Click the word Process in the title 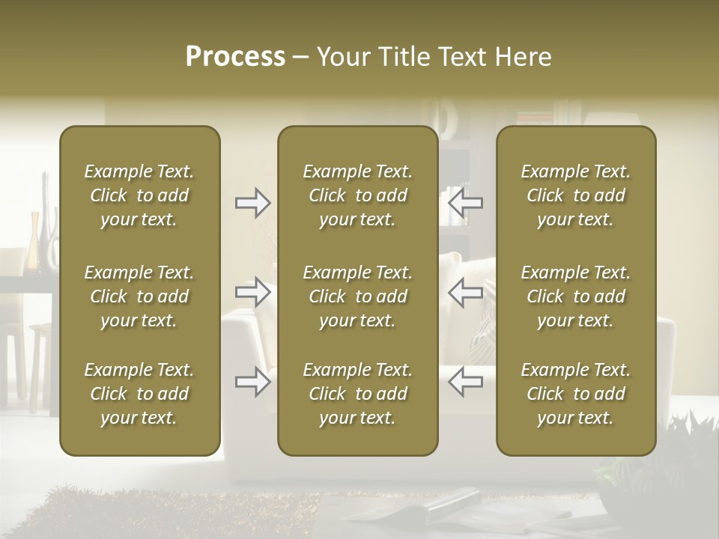[235, 57]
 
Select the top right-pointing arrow [253, 202]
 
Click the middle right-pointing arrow [253, 292]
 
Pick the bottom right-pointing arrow [253, 382]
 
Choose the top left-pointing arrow [465, 202]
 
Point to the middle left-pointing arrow [465, 292]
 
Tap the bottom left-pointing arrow [465, 382]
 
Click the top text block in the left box [139, 195]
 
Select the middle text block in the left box [139, 296]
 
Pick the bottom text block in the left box [139, 394]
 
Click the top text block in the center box [357, 195]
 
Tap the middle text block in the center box [357, 296]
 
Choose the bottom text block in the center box [357, 394]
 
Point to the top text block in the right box [575, 195]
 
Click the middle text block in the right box [575, 296]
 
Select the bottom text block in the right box [575, 394]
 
